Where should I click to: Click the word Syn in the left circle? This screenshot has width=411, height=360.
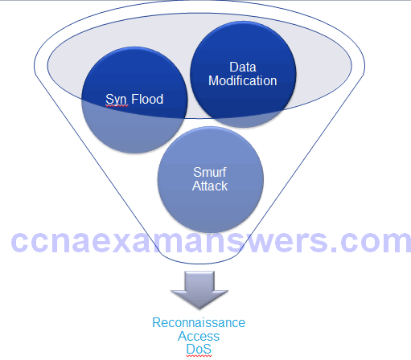coord(116,100)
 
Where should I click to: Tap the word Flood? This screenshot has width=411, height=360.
coord(147,99)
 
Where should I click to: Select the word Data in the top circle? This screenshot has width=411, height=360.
coord(243,67)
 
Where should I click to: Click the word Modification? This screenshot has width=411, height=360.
coord(243,80)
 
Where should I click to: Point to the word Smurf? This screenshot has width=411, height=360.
coord(210,172)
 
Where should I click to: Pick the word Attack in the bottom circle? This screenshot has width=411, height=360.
coord(210,186)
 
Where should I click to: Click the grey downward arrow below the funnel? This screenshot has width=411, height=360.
coord(199,290)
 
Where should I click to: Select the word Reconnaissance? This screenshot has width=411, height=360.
coord(199,322)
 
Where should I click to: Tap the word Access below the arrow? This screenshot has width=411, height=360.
coord(199,336)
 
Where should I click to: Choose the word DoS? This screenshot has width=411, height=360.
coord(199,349)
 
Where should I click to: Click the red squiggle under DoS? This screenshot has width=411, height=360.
coord(199,356)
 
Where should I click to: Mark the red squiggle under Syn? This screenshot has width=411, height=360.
coord(117,106)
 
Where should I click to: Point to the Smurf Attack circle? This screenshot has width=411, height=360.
coord(211,179)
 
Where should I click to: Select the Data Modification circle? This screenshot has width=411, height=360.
coord(243,74)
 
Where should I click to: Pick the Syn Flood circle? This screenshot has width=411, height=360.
coord(134,100)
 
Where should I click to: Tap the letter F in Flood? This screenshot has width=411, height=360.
coord(135,99)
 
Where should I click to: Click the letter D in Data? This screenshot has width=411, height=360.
coord(234,67)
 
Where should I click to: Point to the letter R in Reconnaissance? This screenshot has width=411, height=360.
coord(157,322)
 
